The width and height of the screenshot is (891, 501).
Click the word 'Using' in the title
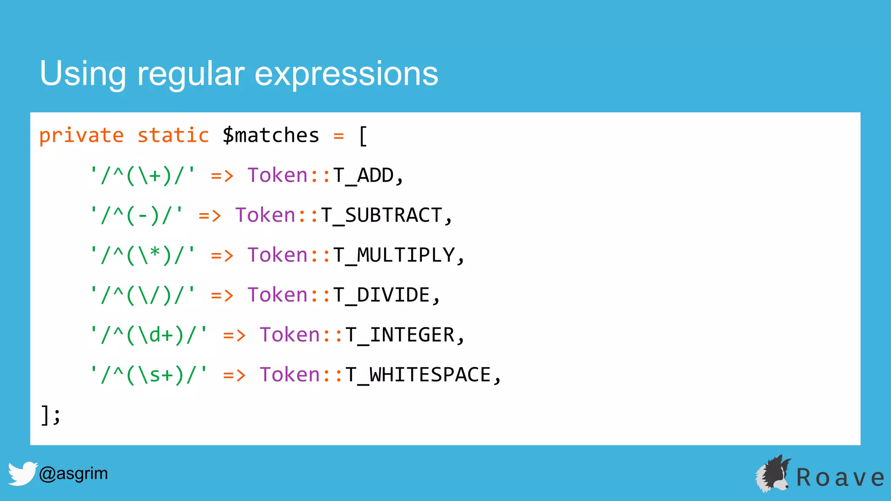click(x=83, y=74)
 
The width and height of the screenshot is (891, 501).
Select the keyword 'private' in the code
click(x=81, y=136)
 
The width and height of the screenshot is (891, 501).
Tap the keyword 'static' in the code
click(x=173, y=136)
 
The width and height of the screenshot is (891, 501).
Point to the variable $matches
click(x=271, y=136)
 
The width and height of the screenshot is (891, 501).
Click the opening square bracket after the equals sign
click(x=363, y=137)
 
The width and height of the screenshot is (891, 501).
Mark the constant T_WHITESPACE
click(x=419, y=375)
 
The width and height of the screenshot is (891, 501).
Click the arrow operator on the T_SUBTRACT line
click(x=210, y=216)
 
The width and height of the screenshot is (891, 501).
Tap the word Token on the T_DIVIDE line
click(x=278, y=295)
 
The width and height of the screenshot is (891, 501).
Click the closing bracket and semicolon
click(x=50, y=415)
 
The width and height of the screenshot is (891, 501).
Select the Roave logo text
click(x=840, y=478)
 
